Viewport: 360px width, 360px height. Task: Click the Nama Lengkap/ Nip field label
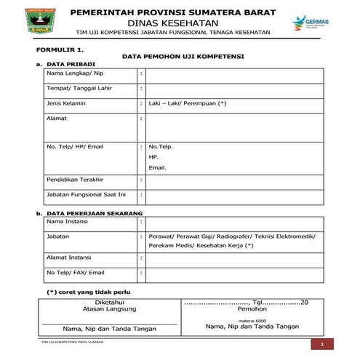[x=75, y=73]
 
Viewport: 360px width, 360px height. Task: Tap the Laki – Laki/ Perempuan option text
[x=187, y=103]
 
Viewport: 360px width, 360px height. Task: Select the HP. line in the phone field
[x=153, y=157]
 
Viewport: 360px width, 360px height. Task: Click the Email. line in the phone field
[x=157, y=168]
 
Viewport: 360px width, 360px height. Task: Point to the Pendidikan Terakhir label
[x=75, y=179]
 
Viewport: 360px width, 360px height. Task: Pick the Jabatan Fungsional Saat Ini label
[x=86, y=194]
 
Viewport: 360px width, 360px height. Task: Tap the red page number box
[x=321, y=343]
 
